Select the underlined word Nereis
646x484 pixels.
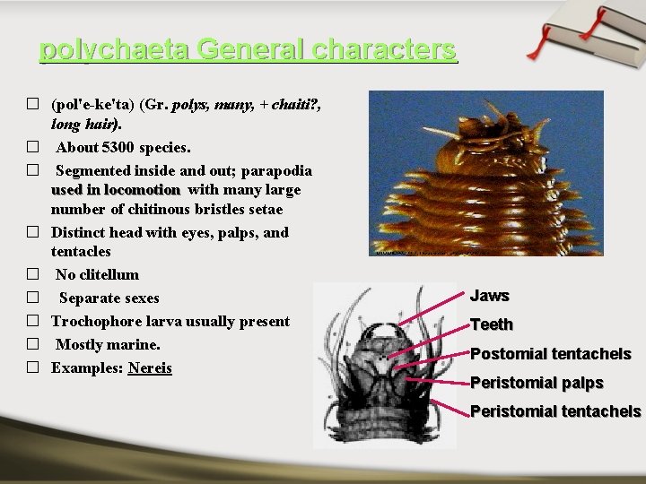point(150,368)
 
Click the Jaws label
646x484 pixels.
point(490,296)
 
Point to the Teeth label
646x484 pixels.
point(492,324)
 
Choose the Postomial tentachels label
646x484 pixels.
point(550,354)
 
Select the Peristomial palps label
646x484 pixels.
point(537,383)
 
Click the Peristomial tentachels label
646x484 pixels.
point(555,411)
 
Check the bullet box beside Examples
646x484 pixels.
point(32,368)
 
